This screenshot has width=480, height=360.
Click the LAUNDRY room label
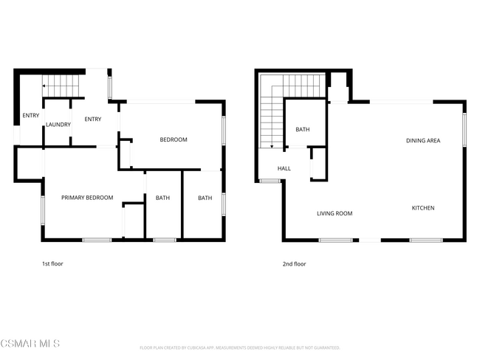click(x=58, y=125)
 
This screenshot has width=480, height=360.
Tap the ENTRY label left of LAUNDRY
click(x=30, y=115)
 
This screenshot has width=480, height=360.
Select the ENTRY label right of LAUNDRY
click(x=92, y=120)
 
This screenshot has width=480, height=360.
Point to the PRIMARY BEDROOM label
click(x=87, y=197)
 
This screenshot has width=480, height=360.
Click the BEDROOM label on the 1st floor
click(x=174, y=139)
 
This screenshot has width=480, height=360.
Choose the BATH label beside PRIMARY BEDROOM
click(x=162, y=198)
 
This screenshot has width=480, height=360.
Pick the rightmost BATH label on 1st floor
click(x=205, y=198)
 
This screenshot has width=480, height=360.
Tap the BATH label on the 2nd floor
click(x=303, y=130)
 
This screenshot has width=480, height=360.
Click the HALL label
click(x=284, y=168)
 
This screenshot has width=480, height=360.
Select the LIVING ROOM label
click(x=335, y=214)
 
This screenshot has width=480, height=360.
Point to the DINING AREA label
click(x=423, y=140)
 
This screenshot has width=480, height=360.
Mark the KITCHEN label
click(x=422, y=208)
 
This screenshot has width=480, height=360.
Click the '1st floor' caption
click(x=52, y=263)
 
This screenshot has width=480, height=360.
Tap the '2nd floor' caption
click(x=293, y=263)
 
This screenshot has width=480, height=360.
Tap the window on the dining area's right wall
click(x=464, y=129)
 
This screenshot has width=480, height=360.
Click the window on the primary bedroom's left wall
click(x=43, y=210)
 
